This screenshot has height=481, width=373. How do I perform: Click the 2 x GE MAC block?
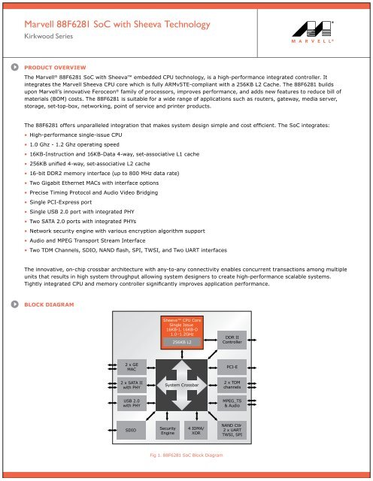pos(132,368)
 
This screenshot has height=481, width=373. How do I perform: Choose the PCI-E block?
pos(232,368)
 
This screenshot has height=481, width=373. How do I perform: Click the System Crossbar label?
pos(182,385)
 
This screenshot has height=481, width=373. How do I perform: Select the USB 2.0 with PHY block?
pos(132,404)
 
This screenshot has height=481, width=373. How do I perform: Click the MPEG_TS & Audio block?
pos(232,404)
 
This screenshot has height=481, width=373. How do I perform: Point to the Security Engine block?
pos(168,430)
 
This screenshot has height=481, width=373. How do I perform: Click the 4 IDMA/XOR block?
pos(196,430)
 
